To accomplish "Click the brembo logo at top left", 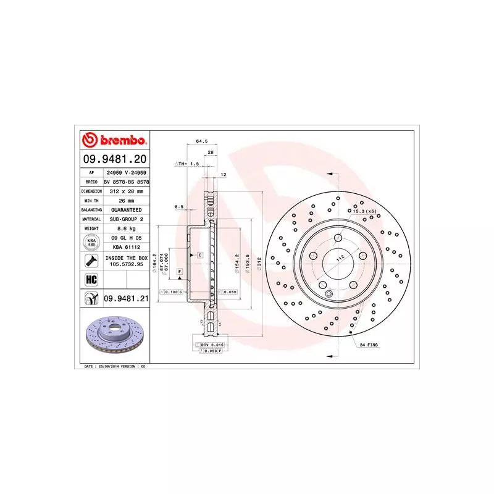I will (x=114, y=140).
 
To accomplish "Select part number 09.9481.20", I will (x=114, y=159).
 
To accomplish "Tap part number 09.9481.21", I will (x=126, y=299).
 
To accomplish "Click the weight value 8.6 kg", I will (x=125, y=228).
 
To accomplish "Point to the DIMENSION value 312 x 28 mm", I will (x=125, y=191).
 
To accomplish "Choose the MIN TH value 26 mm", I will (x=125, y=201).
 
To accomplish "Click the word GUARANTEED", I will (x=125, y=210).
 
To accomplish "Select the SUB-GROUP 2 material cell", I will (x=125, y=219).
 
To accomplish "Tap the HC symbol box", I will (x=90, y=280).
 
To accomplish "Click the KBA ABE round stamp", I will (x=90, y=241).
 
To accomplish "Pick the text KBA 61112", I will (x=125, y=245).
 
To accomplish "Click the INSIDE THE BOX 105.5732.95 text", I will (x=125, y=261).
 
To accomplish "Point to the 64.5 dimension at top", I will (x=201, y=141).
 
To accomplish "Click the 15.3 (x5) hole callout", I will (x=364, y=212).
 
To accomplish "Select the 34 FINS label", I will (x=369, y=345).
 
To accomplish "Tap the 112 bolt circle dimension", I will (x=339, y=258).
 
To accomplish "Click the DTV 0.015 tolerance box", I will (x=212, y=343).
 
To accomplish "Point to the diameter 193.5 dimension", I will (x=246, y=259).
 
